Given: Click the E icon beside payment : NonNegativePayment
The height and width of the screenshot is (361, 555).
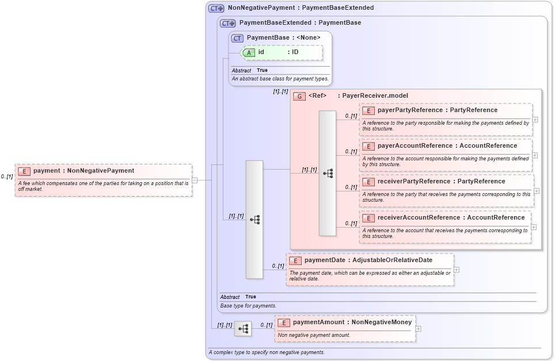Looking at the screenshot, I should tap(24, 171).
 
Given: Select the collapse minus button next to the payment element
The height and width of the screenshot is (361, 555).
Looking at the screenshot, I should tap(195, 180).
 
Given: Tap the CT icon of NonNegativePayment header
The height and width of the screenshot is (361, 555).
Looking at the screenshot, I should tap(216, 8).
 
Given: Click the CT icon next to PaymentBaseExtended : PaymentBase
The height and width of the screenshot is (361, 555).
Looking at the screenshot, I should tap(229, 23).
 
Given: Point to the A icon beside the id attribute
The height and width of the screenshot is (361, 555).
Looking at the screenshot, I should tap(249, 52).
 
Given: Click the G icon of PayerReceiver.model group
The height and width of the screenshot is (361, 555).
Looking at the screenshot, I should tap(299, 96).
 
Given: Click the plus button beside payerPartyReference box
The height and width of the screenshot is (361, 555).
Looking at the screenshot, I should tap(535, 120).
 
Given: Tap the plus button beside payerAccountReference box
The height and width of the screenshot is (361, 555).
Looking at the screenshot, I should tap(535, 155).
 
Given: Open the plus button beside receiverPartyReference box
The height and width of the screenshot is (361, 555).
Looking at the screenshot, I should tap(537, 191).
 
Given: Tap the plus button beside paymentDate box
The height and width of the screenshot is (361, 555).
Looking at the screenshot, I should tap(457, 270).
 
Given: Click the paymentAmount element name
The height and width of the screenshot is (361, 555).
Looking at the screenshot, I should tap(318, 322).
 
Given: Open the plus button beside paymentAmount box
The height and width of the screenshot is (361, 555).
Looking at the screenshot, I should tap(418, 329).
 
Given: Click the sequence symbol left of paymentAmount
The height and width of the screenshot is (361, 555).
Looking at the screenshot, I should tap(244, 329).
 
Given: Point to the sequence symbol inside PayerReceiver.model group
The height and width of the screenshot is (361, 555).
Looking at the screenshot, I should tap(328, 173).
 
